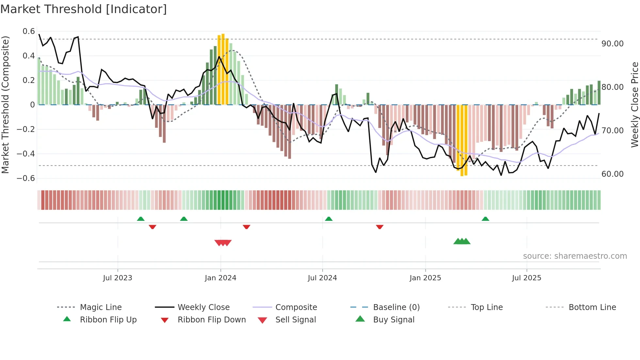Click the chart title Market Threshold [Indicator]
point(84,9)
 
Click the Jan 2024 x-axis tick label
point(220,278)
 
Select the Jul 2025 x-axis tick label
point(526,278)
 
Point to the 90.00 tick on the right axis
point(612,44)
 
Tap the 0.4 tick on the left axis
point(28,56)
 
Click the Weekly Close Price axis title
point(634,105)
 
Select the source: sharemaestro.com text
point(575,256)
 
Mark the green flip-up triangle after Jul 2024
point(328,219)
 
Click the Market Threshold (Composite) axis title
point(5,105)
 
